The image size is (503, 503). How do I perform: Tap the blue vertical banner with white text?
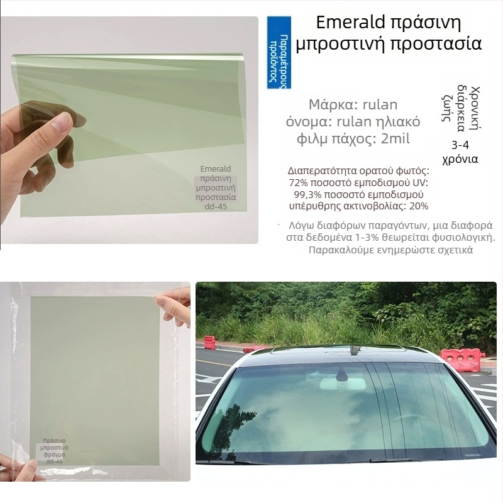click(279, 53)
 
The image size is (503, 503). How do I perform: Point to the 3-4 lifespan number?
click(460, 143)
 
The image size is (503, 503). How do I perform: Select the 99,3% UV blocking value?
click(309, 194)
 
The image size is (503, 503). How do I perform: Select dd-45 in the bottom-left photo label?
click(55, 461)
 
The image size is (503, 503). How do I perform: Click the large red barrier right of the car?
click(462, 360)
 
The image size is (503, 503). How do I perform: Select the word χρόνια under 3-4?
click(460, 158)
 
